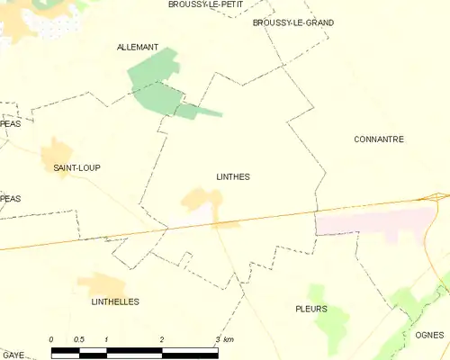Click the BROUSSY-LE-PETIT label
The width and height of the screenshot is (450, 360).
point(199,4)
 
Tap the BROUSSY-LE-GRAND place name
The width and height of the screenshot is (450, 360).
point(293,22)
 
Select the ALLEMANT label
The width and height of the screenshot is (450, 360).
point(138,47)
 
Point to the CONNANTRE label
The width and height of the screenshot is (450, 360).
point(379,139)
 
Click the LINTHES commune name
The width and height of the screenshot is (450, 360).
point(233,177)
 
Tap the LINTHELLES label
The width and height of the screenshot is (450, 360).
point(115,301)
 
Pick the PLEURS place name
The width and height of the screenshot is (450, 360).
point(310,309)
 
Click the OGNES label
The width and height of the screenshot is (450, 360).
point(430,335)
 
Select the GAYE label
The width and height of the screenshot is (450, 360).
point(13,355)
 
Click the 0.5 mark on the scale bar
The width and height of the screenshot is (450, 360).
point(79,339)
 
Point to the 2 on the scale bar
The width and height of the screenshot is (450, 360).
point(162,339)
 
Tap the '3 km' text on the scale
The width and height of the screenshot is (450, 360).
point(224,339)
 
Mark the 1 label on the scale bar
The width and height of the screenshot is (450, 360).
point(106,339)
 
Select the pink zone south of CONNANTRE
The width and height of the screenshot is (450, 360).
point(378,220)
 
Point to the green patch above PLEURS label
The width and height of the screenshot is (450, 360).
point(316,292)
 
